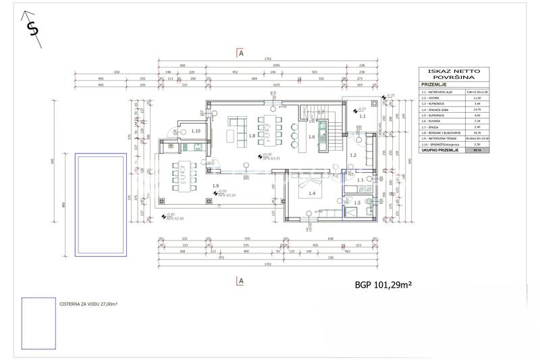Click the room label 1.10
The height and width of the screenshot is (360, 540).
click(196, 130)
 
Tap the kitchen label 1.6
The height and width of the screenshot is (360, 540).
click(311, 137)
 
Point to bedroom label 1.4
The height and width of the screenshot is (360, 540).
click(311, 194)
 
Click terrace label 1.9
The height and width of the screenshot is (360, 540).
click(215, 186)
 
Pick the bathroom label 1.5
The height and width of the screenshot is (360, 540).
click(358, 203)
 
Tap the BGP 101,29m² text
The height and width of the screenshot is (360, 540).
click(383, 285)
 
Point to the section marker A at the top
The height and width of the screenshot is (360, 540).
click(240, 52)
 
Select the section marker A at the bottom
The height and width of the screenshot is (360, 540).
click(240, 280)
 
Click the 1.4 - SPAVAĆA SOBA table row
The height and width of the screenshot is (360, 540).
click(439, 109)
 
